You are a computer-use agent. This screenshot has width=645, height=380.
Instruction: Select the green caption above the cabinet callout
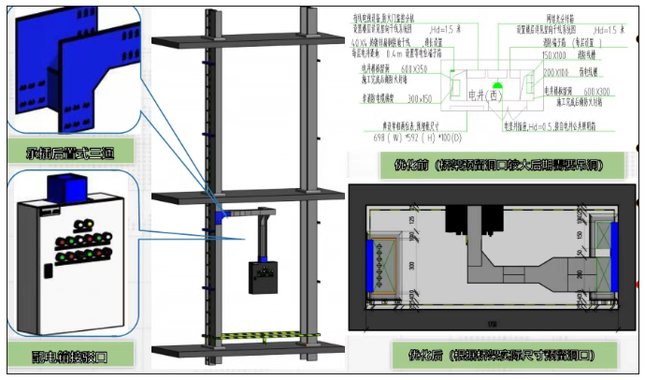(x=66, y=151)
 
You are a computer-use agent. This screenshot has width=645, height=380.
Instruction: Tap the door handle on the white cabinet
(x=46, y=271)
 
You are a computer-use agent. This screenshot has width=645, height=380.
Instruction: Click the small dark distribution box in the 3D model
(x=266, y=278)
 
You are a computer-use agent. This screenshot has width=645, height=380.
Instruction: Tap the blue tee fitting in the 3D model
(x=222, y=213)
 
